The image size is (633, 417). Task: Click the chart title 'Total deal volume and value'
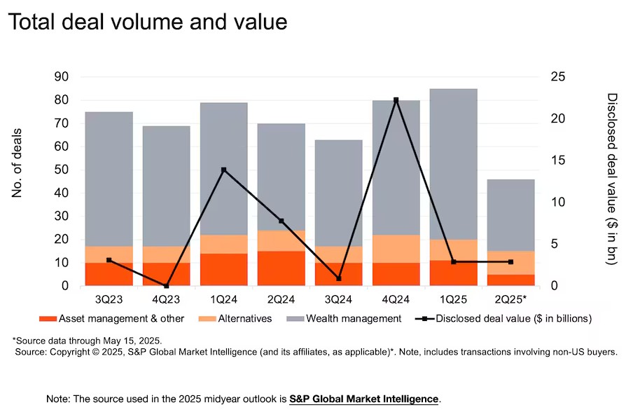148,22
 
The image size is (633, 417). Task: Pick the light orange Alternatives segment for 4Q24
396,249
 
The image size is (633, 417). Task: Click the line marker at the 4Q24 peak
396,100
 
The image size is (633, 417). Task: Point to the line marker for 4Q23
167,286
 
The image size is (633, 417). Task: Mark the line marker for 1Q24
223,170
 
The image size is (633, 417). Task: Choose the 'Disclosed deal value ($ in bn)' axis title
611,179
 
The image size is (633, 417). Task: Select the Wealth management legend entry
344,319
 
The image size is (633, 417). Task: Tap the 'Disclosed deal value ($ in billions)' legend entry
510,319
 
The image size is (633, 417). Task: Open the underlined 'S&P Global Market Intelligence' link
364,399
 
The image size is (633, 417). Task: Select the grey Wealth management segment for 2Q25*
510,214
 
